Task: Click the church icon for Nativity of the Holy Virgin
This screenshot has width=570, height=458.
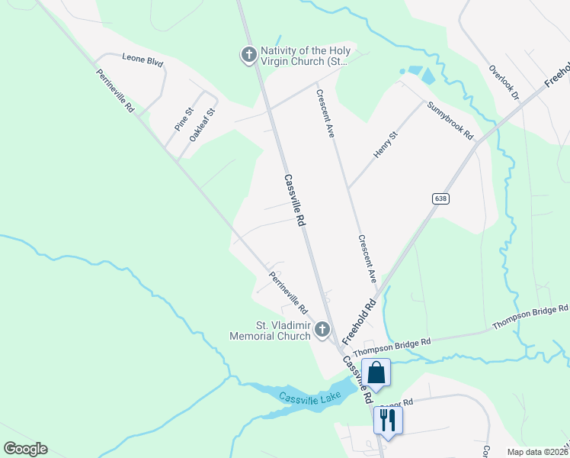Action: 248,55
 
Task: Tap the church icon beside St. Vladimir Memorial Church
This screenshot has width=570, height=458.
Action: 322,330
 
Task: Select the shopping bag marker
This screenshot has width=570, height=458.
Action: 376,373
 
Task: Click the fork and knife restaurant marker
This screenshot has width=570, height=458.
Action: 388,419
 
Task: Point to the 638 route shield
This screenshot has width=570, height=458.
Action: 440,198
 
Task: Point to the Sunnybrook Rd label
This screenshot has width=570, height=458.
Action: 450,120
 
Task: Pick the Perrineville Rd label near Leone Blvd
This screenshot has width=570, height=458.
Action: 115,92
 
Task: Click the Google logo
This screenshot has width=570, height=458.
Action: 25,449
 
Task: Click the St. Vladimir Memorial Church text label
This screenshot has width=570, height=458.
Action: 272,331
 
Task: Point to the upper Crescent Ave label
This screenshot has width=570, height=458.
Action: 325,114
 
